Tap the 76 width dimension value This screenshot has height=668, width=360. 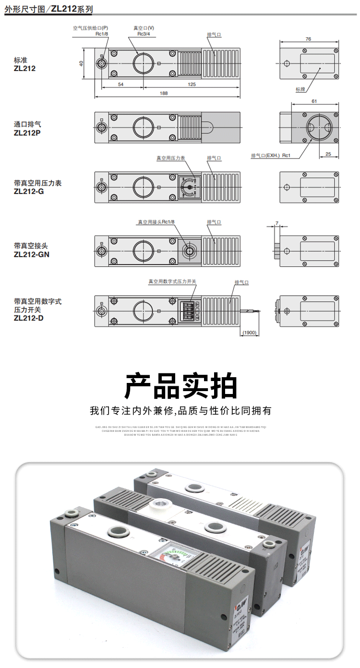point(309,39)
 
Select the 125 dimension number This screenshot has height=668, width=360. point(192,84)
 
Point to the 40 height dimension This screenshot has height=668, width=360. point(81,63)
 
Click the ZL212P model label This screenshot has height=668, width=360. point(27,132)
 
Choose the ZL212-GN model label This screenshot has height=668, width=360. point(32,254)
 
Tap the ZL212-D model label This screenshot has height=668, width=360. point(29,317)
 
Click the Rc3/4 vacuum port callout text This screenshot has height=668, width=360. point(144,34)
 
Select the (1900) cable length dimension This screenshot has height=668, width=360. point(250,333)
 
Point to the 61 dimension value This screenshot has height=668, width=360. point(314,102)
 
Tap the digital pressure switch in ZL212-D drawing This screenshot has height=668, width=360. point(190,312)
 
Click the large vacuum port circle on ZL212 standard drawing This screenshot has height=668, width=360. point(143,63)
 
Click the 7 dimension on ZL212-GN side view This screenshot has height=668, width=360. point(277,224)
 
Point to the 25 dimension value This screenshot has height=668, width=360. point(328,154)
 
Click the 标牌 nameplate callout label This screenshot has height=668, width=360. point(300,89)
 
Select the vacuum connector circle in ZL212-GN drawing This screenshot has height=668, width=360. point(190,250)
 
